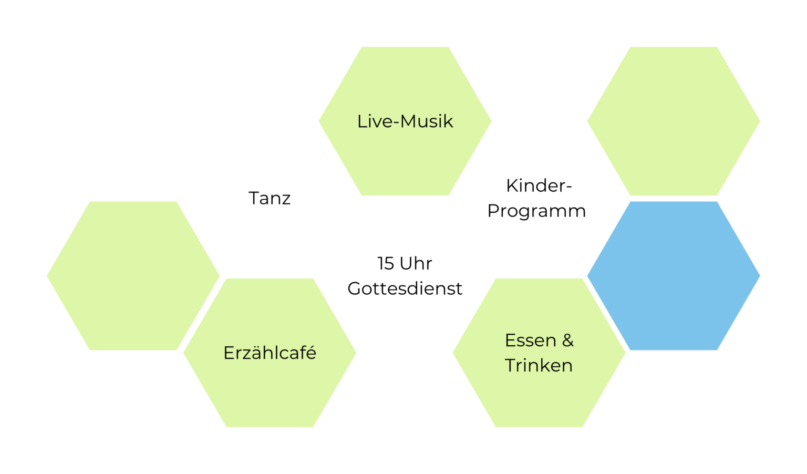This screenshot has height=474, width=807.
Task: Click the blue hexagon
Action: pos(674,276)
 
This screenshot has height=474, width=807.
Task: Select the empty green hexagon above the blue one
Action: pos(674,121)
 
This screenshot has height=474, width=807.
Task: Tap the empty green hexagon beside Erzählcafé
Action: pos(133,276)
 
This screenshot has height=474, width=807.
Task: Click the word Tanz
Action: pos(270,198)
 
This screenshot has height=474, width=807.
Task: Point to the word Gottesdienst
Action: pos(405,288)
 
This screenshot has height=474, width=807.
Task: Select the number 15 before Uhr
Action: pos(386,263)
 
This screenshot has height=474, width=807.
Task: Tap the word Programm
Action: pos(536,212)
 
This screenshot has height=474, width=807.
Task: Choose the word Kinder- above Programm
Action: pos(539,186)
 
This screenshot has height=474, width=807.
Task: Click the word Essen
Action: pos(526,341)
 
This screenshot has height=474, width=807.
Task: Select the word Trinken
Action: pos(539,366)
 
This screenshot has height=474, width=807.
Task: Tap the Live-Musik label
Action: pos(405,121)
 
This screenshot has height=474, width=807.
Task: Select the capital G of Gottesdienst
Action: pos(355,288)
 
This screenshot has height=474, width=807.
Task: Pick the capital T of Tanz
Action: pos(255,198)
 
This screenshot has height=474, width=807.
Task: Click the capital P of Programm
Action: pos(493,211)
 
